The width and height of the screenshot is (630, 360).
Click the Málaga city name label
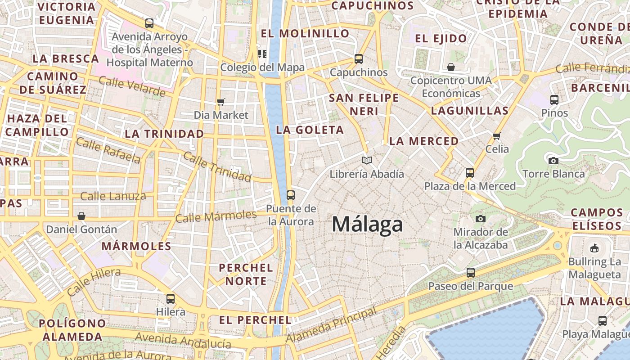(367, 225)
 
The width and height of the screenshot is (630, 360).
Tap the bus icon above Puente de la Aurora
(291, 195)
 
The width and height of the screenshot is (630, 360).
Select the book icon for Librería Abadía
(367, 160)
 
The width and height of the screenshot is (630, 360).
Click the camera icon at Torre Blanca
(553, 161)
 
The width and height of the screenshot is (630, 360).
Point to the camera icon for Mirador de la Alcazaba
(481, 219)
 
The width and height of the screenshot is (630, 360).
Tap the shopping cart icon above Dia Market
(220, 102)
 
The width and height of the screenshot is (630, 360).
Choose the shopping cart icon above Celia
(497, 136)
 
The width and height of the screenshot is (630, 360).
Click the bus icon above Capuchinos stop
(359, 59)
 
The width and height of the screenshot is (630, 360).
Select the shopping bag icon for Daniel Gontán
(81, 216)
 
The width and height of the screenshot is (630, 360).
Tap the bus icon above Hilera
(171, 298)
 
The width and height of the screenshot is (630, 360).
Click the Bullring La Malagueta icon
(594, 248)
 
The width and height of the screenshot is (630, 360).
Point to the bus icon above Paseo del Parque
(471, 273)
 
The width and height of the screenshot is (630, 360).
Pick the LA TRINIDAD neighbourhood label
(164, 134)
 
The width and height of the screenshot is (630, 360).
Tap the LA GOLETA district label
(310, 130)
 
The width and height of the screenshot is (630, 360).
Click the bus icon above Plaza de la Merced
(470, 173)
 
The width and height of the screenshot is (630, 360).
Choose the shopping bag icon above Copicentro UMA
(451, 67)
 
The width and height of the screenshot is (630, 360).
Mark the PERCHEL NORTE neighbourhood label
(246, 274)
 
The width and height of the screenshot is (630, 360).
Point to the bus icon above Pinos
(554, 100)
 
